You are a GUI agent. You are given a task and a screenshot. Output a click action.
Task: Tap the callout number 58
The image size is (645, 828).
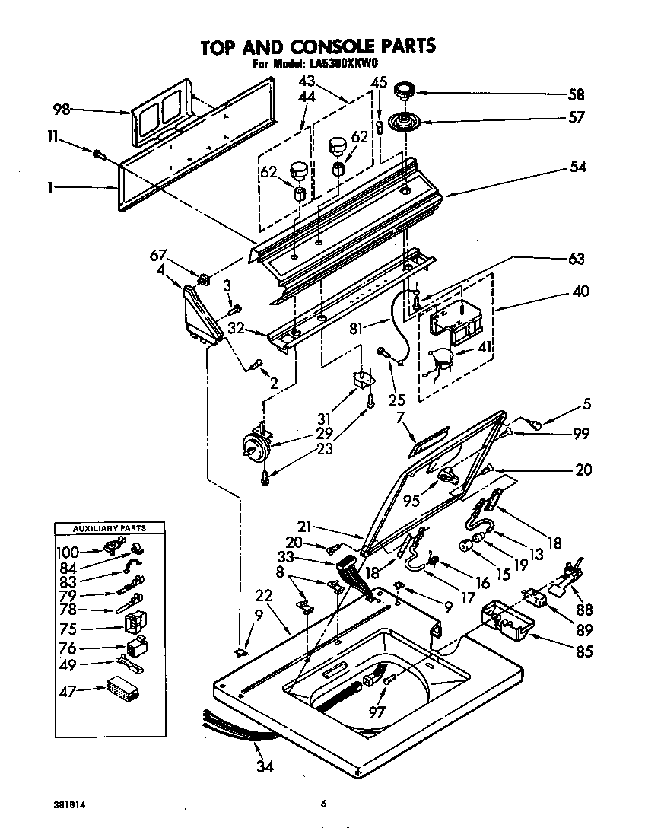point(576,95)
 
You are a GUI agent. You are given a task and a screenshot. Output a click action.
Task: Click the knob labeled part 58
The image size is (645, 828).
point(404,92)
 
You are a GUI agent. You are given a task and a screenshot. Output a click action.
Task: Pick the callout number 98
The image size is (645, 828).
point(62,110)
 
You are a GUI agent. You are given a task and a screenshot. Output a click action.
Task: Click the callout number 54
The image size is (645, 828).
point(578,167)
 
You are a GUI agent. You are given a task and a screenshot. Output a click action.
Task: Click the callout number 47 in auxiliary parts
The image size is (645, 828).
point(68,691)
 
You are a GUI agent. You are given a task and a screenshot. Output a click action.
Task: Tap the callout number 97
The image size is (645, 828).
point(377,712)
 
